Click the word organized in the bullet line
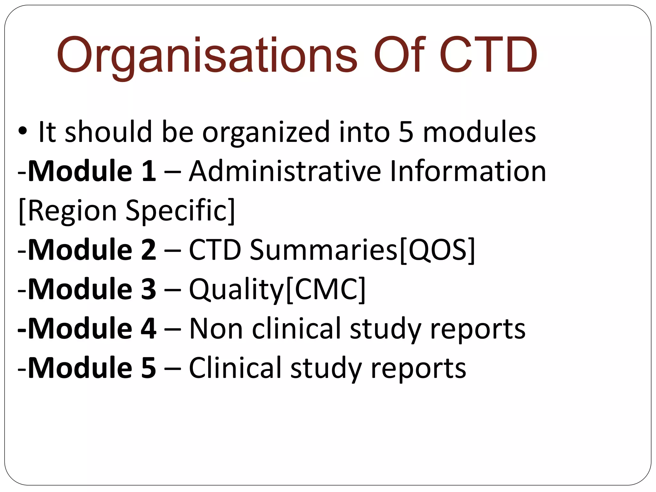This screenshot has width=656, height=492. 266,132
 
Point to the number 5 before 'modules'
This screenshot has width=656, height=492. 406,132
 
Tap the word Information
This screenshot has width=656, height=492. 468,171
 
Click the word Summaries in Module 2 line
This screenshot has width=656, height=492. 324,250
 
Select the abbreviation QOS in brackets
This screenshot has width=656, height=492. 438,250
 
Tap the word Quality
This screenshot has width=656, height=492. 236,290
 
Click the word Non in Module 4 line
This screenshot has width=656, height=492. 216,329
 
